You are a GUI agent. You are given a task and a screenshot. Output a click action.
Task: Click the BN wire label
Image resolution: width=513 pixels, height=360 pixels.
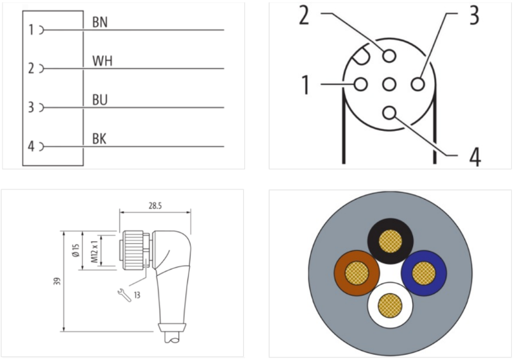coord(99,22)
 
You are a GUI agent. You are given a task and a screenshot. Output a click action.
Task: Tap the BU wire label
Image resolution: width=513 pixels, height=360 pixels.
coord(100,101)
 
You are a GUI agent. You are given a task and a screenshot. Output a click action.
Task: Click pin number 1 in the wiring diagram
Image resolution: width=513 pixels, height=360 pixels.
coord(30,30)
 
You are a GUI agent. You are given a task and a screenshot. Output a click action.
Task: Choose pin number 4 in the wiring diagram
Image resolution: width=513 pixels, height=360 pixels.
coord(30,147)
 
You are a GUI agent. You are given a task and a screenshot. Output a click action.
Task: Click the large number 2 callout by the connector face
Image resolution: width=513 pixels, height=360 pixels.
coord(304,15)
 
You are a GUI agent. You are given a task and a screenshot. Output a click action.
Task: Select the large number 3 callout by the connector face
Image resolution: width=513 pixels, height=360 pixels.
coord(473,15)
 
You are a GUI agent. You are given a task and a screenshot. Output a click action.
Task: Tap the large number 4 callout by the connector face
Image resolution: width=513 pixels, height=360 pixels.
coord(474,156)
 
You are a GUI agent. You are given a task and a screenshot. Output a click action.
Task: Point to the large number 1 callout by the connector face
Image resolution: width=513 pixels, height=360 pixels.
coord(306,85)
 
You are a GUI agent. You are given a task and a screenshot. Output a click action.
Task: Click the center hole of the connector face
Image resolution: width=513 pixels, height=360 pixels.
coord(389,84)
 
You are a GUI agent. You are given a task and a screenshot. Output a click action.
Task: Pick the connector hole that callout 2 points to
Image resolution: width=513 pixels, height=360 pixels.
coord(389,56)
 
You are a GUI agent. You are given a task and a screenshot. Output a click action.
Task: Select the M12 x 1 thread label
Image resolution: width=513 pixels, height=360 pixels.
coord(94,252)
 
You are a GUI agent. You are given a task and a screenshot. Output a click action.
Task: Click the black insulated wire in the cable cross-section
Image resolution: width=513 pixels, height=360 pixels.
coord(389,241)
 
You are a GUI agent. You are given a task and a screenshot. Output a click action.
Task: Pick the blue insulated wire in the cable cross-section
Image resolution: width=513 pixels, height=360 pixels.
coord(423,273)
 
